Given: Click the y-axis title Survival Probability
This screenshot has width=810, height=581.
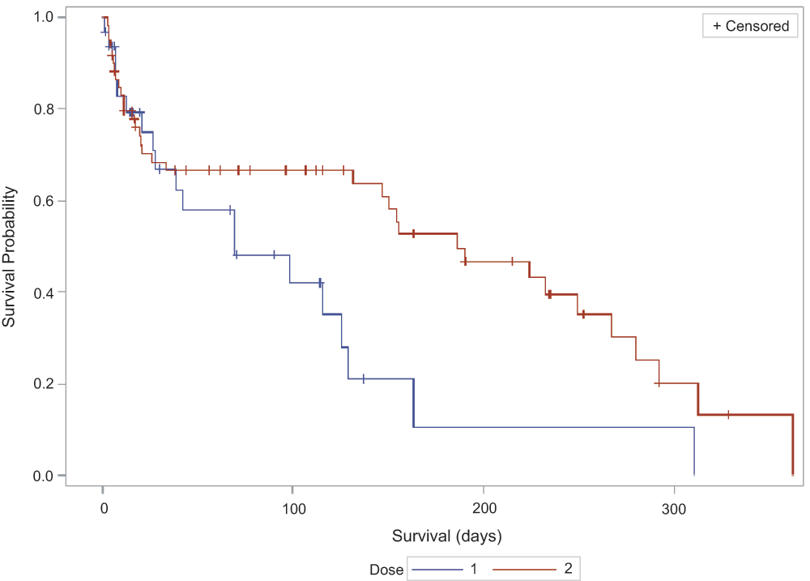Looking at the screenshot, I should point(11,257).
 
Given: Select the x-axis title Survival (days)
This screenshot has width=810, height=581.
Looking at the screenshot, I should point(447,536).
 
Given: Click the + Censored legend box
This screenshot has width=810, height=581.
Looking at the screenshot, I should point(750,26).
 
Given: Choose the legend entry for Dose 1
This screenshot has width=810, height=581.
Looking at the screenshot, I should point(446,570).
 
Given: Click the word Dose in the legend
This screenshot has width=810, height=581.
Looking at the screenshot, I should point(387,570).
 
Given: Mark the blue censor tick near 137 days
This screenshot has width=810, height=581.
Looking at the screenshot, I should point(364,378).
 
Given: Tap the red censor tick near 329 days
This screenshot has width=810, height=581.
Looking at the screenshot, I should point(728,414).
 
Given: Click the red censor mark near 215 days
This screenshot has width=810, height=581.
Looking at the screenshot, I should point(512,261).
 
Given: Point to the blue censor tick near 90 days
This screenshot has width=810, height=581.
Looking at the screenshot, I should point(274,254).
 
